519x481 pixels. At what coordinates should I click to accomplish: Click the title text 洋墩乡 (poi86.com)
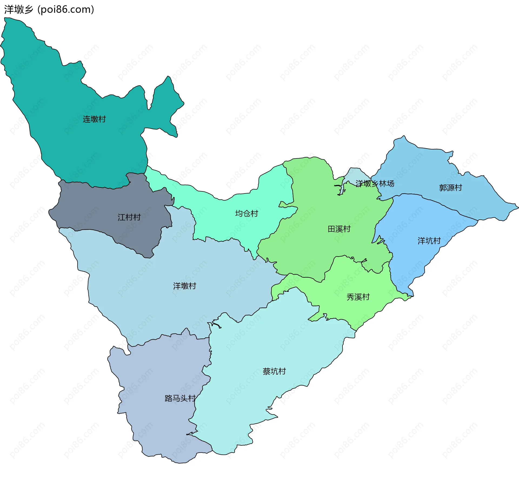pyautogui.click(x=49, y=9)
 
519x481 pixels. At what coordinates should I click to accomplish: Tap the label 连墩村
pyautogui.click(x=94, y=119)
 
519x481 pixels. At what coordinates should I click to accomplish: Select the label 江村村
pyautogui.click(x=129, y=217)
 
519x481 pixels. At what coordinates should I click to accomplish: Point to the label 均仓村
pyautogui.click(x=247, y=214)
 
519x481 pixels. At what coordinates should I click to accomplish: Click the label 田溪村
pyautogui.click(x=339, y=229)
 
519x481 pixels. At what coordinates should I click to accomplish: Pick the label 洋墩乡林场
pyautogui.click(x=375, y=184)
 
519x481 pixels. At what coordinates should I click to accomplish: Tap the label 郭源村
pyautogui.click(x=451, y=188)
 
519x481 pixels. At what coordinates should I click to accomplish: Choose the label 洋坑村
pyautogui.click(x=429, y=241)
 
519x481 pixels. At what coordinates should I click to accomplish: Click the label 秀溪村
pyautogui.click(x=358, y=297)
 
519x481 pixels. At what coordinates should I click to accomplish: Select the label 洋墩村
pyautogui.click(x=185, y=286)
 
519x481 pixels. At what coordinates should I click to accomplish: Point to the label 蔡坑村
pyautogui.click(x=274, y=371)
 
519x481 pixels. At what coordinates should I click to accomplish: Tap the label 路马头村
pyautogui.click(x=180, y=398)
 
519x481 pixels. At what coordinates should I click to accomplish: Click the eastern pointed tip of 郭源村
pyautogui.click(x=517, y=207)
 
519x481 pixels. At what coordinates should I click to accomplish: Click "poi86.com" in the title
pyautogui.click(x=66, y=9)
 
